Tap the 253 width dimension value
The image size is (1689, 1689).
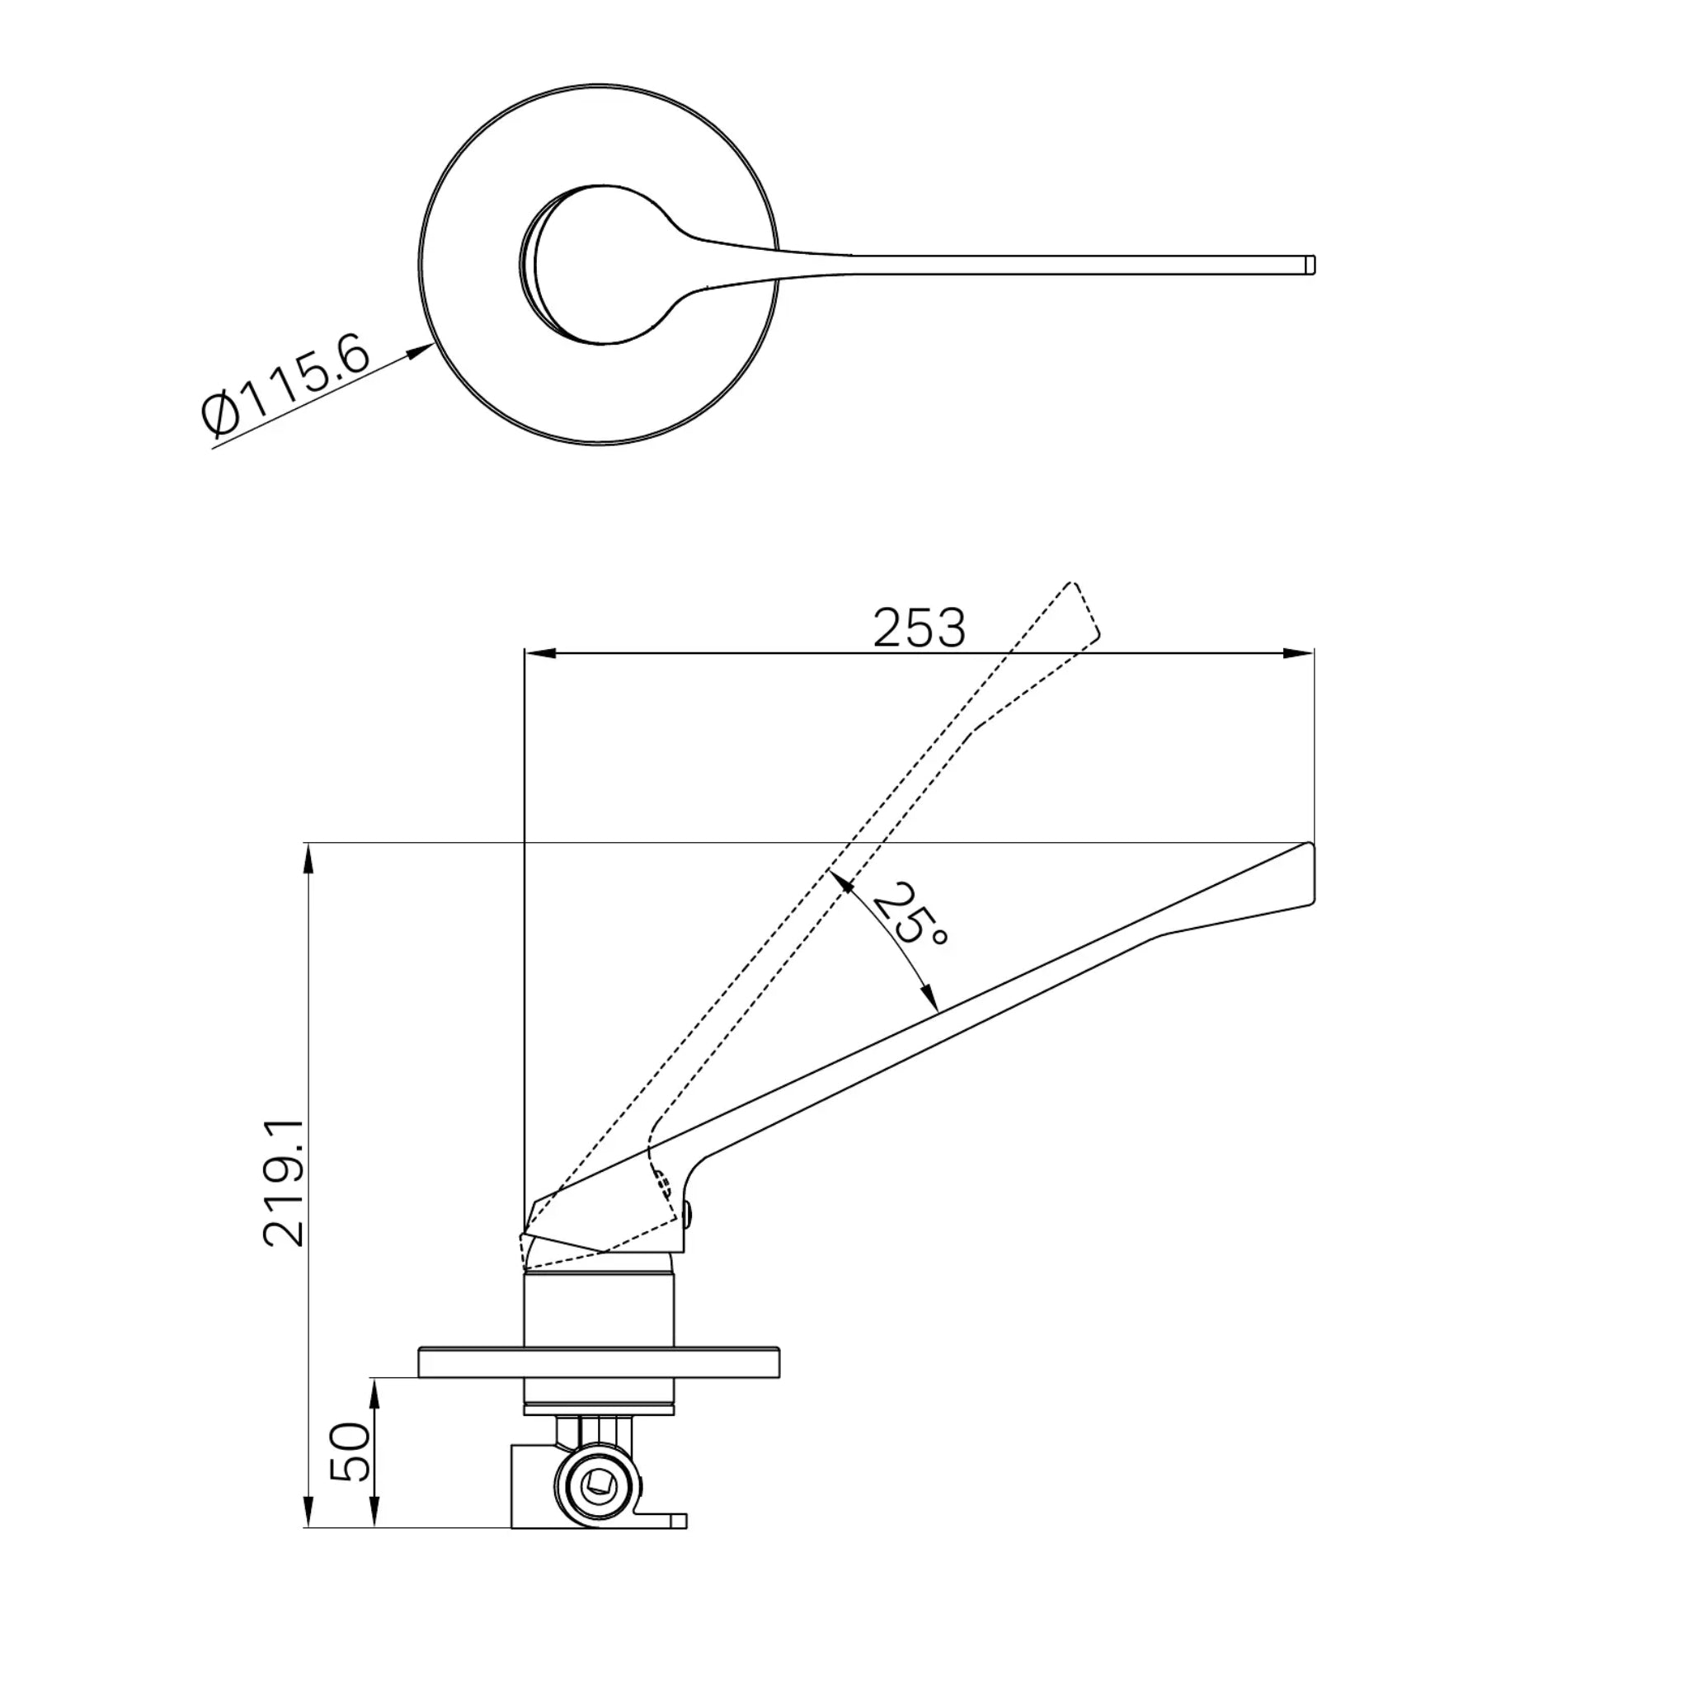pyautogui.click(x=920, y=628)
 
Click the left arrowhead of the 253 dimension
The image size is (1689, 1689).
pyautogui.click(x=541, y=653)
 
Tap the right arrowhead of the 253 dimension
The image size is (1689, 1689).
pyautogui.click(x=1297, y=653)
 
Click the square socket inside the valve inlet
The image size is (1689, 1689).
pyautogui.click(x=600, y=1482)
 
